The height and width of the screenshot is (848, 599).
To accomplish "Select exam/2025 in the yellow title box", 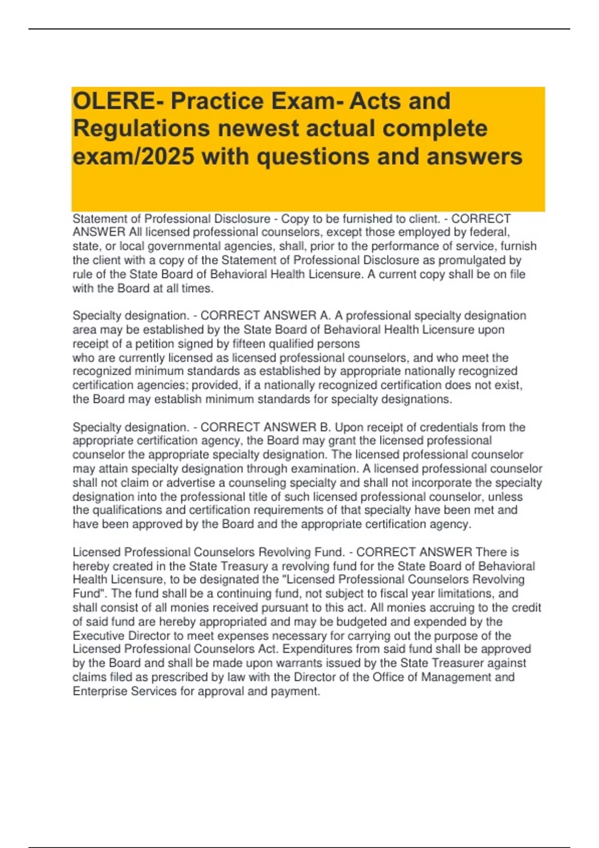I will (x=133, y=157).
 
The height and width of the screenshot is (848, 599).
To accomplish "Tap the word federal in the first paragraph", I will (x=490, y=232).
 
